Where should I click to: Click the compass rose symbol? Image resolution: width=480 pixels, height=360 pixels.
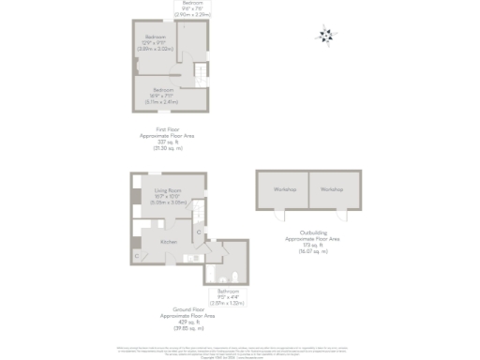(325, 37)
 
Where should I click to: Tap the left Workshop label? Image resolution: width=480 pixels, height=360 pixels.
(282, 189)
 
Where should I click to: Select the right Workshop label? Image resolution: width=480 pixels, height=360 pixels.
(332, 189)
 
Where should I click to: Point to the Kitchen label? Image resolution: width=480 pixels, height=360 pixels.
(168, 242)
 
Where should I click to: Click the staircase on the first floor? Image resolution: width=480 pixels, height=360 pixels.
(199, 72)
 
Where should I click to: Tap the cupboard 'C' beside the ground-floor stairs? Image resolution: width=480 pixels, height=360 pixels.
(198, 231)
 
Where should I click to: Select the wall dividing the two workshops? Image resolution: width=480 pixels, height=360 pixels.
(307, 190)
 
